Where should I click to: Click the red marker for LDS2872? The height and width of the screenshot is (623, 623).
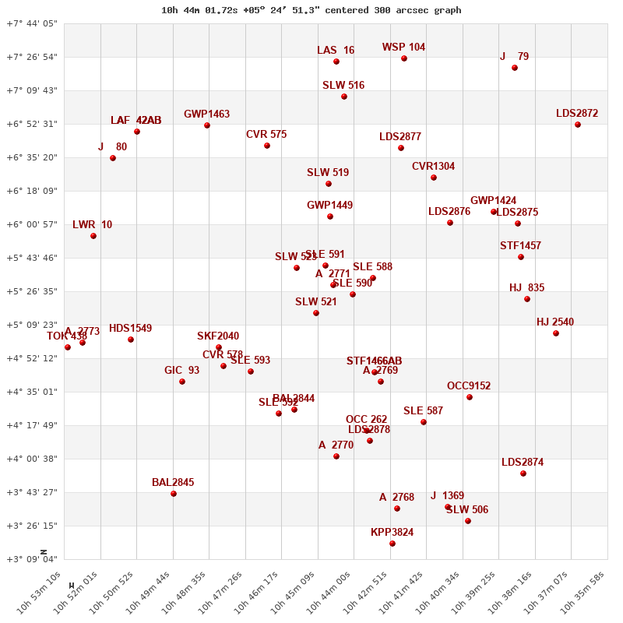point(578,125)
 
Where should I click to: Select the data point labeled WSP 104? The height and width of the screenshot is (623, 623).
point(404,58)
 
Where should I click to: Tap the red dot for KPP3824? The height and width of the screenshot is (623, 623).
point(392,544)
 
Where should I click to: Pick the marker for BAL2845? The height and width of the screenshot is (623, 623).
point(174,494)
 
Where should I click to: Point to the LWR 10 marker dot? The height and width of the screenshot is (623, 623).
point(93,236)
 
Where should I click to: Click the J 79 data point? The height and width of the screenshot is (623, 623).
point(515,68)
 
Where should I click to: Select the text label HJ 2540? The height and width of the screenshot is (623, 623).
point(555,322)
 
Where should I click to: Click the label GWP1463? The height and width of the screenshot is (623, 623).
point(206,114)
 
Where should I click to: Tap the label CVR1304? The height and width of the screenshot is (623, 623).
point(433,166)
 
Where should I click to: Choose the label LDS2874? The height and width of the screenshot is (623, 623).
point(523,462)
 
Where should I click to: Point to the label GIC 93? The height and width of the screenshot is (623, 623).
point(181,370)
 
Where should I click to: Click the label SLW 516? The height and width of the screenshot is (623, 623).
point(343,85)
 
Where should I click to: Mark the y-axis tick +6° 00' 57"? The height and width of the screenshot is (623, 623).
point(32,224)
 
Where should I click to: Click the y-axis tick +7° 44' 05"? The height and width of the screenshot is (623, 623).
point(32,23)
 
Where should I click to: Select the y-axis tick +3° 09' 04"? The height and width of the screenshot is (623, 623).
point(32,559)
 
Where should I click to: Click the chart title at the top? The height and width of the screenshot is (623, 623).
point(311,10)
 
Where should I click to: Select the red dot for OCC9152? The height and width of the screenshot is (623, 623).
point(470,397)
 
